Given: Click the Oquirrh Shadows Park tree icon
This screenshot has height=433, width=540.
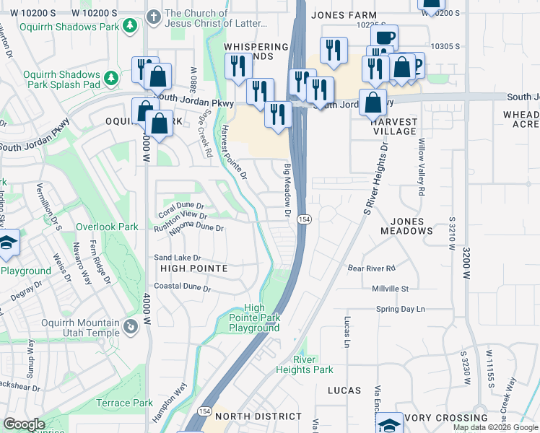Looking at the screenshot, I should (x=130, y=27).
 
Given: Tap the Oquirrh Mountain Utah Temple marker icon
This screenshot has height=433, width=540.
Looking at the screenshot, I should (x=130, y=327).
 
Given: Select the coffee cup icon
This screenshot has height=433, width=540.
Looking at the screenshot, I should (x=384, y=36).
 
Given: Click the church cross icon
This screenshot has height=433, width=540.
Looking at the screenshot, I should (x=153, y=16).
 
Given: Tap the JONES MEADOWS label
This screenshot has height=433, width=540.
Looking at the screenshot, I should (x=401, y=226).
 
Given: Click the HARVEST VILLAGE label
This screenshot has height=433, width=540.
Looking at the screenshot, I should (x=394, y=126).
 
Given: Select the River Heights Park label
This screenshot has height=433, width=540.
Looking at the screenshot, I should (x=303, y=364).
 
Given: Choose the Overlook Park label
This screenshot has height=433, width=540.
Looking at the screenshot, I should (x=107, y=227).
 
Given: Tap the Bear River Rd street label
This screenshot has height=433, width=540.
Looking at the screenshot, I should (x=372, y=268).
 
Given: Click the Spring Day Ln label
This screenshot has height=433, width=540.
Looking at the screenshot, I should (x=400, y=309).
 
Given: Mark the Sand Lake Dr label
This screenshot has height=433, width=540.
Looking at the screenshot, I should (x=177, y=258).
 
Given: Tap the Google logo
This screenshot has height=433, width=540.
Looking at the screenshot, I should (x=24, y=424).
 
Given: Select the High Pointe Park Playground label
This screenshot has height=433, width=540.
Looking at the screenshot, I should (x=254, y=318).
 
